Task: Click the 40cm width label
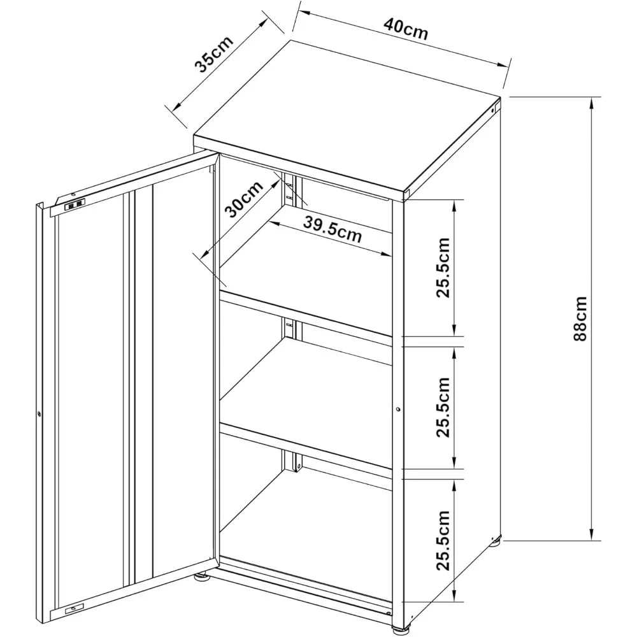click(406, 29)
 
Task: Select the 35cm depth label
click(213, 54)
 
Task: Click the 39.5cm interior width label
click(332, 229)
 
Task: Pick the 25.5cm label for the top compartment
click(443, 268)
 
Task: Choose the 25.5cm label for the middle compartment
click(443, 408)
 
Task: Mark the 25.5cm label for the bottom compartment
click(443, 541)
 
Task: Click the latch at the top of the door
click(75, 204)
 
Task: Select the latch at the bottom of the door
click(74, 608)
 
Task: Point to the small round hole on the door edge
click(39, 415)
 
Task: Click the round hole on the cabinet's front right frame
click(397, 409)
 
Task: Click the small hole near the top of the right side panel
click(495, 110)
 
